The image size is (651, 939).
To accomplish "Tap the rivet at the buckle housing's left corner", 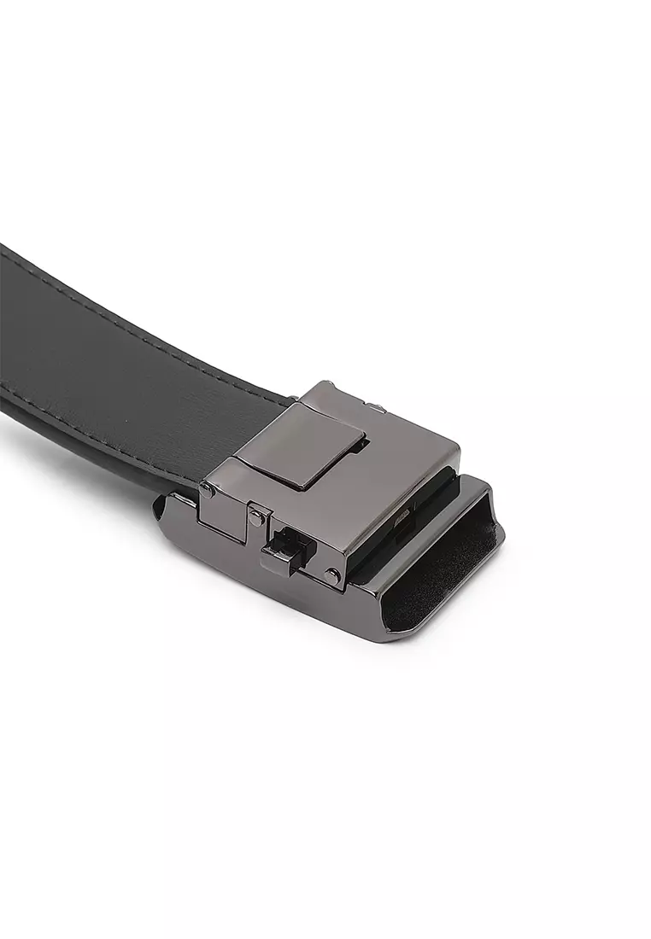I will click(x=205, y=489).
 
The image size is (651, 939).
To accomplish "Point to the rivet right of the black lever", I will click(x=331, y=574).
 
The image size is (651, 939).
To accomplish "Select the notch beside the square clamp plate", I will click(x=363, y=444).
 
